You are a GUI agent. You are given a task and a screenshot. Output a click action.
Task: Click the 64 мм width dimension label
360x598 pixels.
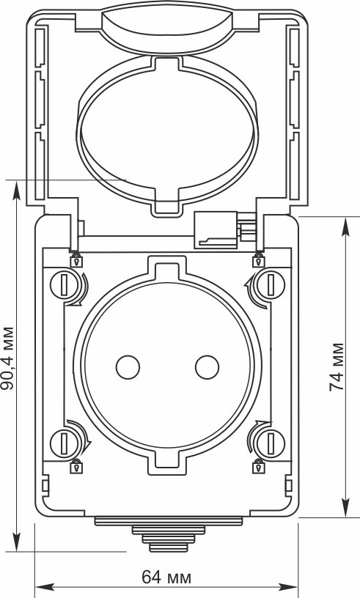pyautogui.click(x=166, y=577)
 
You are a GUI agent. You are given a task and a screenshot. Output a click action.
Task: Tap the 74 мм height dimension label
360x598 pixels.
pyautogui.click(x=337, y=367)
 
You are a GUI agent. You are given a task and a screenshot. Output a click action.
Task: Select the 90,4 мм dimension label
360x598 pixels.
pyautogui.click(x=7, y=358)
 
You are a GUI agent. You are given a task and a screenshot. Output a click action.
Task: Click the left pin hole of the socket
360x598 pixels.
pyautogui.click(x=128, y=367)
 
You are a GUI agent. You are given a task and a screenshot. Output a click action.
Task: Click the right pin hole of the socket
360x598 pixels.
pyautogui.click(x=207, y=367)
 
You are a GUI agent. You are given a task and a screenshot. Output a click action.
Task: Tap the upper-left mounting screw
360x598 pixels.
pyautogui.click(x=64, y=284)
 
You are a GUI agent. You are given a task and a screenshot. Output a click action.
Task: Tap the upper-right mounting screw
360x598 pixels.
pyautogui.click(x=271, y=284)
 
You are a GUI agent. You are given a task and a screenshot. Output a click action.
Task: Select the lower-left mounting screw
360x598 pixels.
pyautogui.click(x=64, y=443)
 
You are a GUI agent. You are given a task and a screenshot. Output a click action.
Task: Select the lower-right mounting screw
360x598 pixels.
pyautogui.click(x=271, y=443)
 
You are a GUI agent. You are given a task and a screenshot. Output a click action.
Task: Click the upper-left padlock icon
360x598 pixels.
pyautogui.click(x=76, y=260)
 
